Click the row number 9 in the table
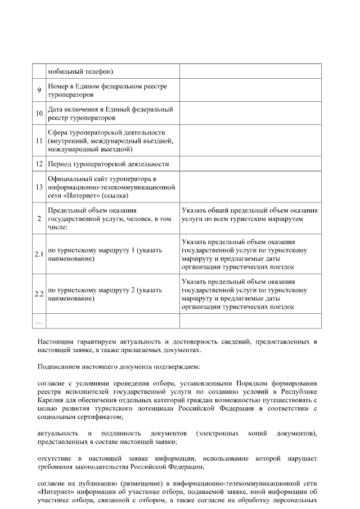[x=39, y=90]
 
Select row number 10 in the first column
[x=39, y=114]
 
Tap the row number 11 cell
[x=39, y=141]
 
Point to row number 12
[x=39, y=164]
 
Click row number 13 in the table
[x=39, y=187]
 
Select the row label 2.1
[x=39, y=254]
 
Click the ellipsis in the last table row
[x=39, y=322]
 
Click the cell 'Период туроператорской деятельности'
[x=108, y=164]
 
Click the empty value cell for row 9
[x=250, y=90]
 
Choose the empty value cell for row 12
[x=250, y=164]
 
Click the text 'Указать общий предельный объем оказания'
[x=250, y=210]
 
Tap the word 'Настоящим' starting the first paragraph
[x=55, y=341]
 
